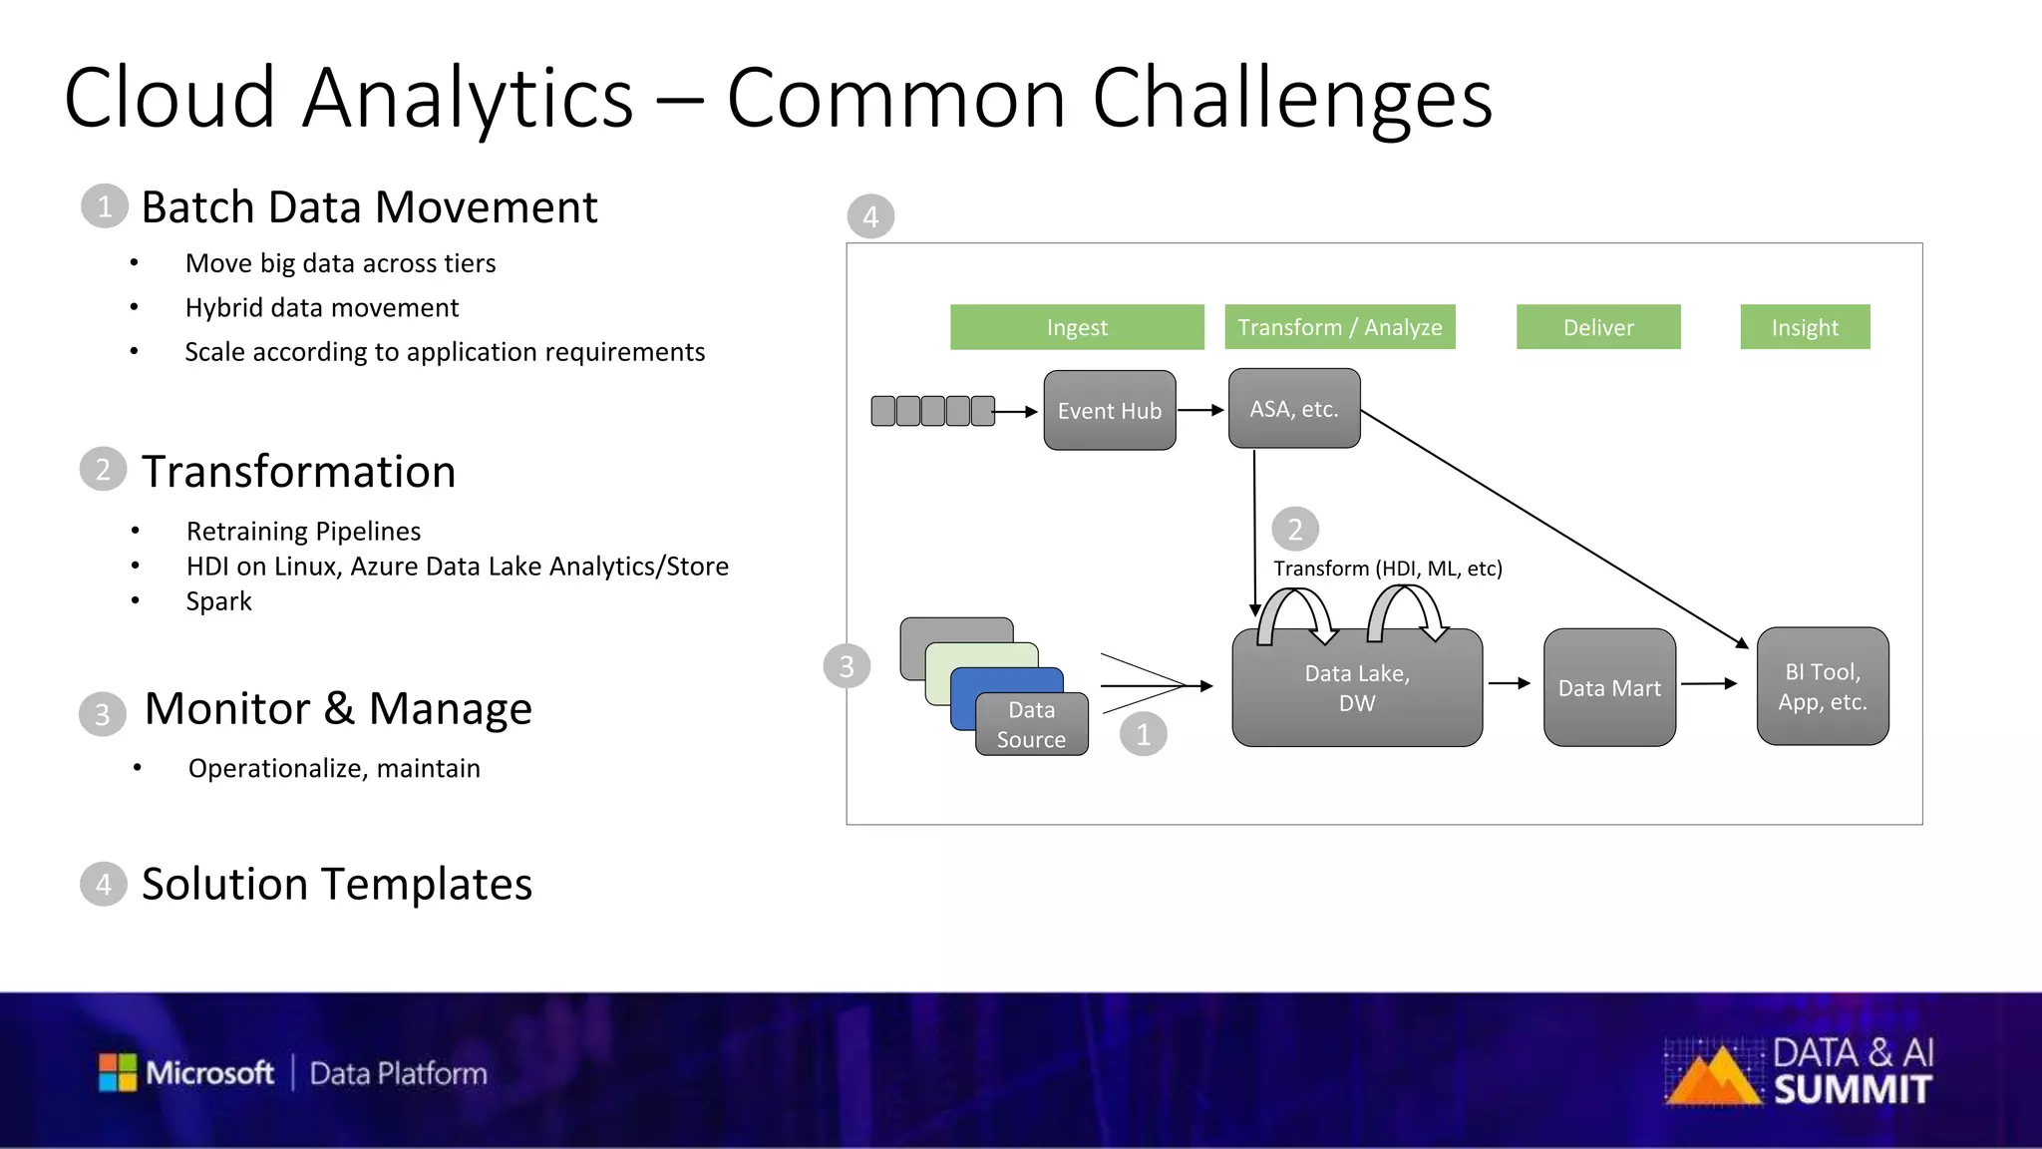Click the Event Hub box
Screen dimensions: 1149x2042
[x=1109, y=410]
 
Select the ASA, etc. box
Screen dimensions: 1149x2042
[x=1293, y=408]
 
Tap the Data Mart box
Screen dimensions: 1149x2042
[x=1608, y=687]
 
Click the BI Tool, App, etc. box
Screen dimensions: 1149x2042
[x=1822, y=686]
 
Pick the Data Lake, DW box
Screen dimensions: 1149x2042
[x=1356, y=688]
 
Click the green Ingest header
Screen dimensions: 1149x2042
[x=1076, y=327]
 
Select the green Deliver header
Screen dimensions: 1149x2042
[x=1597, y=327]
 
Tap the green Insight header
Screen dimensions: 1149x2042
[x=1804, y=327]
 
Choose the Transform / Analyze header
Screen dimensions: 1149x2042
[x=1339, y=327]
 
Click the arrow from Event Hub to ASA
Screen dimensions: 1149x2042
[x=1200, y=410]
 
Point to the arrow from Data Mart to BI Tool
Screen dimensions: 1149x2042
[x=1709, y=684]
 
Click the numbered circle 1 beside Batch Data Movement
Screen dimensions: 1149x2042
[x=105, y=206]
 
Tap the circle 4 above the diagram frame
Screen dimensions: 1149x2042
[x=870, y=216]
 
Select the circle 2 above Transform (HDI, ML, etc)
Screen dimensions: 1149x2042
[x=1294, y=530]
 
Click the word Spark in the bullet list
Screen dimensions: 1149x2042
[x=218, y=601]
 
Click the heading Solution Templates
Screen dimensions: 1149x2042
[x=336, y=884]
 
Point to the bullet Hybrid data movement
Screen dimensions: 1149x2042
[x=321, y=307]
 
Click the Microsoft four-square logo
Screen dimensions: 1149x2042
[x=118, y=1072]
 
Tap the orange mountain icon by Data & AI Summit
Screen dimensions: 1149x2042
[x=1712, y=1077]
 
